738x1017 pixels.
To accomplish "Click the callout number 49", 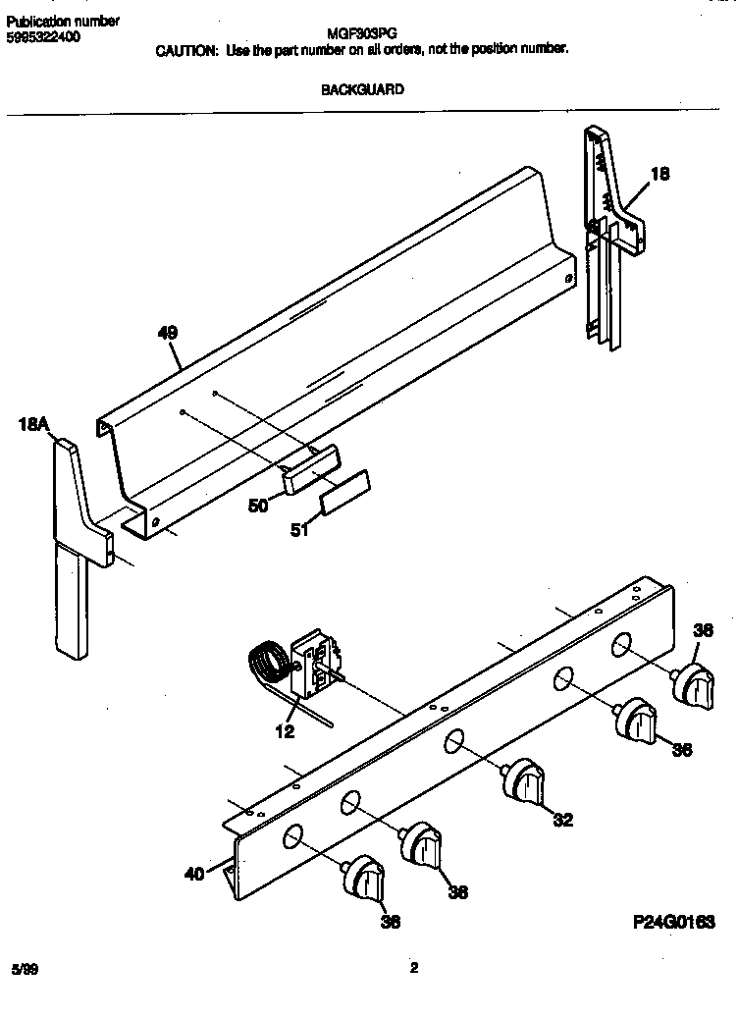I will pyautogui.click(x=167, y=334).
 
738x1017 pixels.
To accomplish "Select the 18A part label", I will pyautogui.click(x=32, y=424).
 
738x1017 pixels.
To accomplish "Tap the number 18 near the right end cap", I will pyautogui.click(x=660, y=174).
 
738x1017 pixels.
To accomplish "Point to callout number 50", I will pyautogui.click(x=258, y=506).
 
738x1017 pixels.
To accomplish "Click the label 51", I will pyautogui.click(x=299, y=530).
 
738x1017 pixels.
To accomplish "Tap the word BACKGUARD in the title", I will pyautogui.click(x=363, y=89).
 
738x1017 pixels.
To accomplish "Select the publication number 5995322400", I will pyautogui.click(x=43, y=36).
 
